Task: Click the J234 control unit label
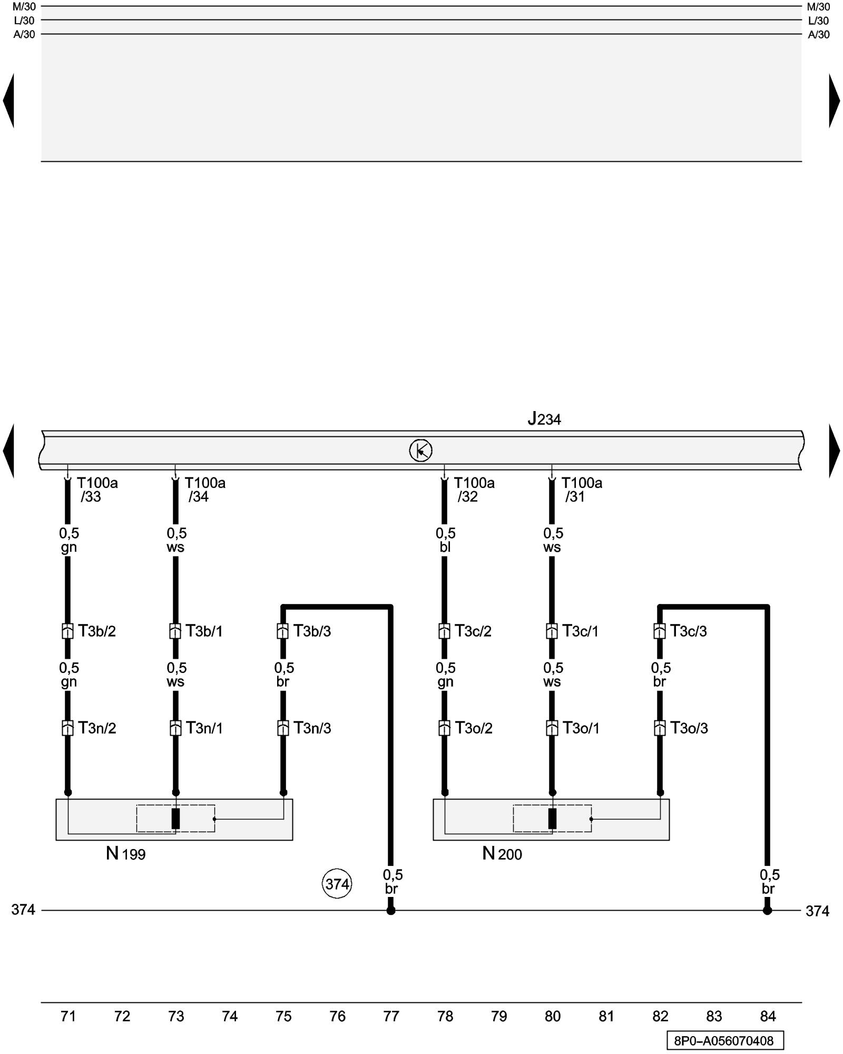544,419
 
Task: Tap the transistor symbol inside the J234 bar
420,450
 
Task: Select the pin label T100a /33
97,490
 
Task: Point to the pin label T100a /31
581,490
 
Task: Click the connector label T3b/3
312,631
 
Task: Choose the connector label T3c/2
473,631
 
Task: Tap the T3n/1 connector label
204,728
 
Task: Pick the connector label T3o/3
689,728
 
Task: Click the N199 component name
125,853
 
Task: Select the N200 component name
502,853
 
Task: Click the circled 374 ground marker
337,884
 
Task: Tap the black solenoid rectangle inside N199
175,818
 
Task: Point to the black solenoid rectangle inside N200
552,818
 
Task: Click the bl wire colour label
445,547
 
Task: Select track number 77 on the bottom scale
391,1016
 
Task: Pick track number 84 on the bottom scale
768,1016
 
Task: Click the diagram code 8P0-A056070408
724,1041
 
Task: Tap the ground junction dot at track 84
767,910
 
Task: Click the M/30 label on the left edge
24,7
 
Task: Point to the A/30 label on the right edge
819,35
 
